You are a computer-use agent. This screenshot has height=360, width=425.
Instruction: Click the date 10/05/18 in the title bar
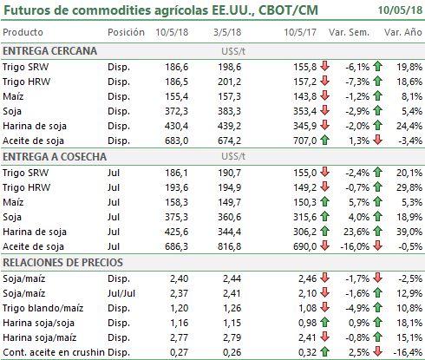400,10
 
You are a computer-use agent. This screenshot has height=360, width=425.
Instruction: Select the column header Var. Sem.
349,32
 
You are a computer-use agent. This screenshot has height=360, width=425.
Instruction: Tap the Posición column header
126,32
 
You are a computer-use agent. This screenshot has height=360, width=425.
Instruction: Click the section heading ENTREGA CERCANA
50,51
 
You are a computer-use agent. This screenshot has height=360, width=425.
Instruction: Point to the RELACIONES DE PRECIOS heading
62,262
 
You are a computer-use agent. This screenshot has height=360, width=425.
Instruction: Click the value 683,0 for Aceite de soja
176,141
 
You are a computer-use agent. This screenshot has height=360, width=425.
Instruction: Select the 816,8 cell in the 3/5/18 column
229,246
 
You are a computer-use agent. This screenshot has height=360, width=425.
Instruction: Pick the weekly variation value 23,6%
356,232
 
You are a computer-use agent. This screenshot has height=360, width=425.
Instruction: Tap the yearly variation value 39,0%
409,232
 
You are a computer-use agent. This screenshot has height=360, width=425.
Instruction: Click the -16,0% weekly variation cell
355,246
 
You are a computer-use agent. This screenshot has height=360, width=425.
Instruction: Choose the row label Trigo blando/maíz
43,308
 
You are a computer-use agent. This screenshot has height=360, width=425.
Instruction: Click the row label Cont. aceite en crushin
54,352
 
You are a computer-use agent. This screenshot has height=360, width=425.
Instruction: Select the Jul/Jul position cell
121,293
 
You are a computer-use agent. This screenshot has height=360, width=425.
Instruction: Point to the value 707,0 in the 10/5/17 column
305,141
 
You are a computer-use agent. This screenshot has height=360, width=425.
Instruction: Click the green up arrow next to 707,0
325,141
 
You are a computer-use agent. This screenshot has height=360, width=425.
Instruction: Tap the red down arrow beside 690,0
325,246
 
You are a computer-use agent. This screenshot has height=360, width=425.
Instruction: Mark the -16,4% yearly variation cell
408,352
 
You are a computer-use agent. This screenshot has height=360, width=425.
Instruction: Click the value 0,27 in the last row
179,352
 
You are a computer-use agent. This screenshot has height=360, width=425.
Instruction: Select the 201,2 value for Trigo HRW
229,82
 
